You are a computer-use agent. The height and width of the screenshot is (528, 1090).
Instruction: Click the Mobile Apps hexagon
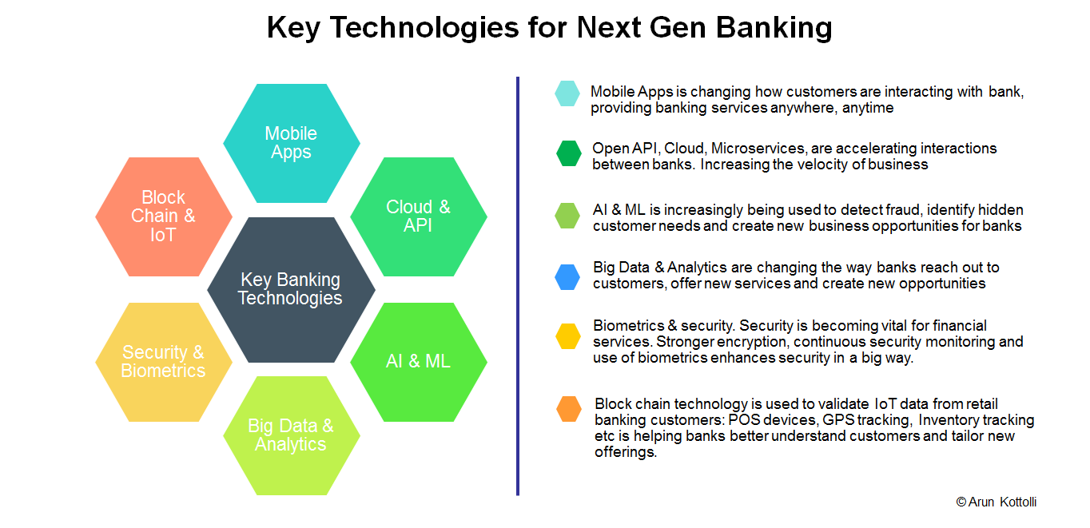291,143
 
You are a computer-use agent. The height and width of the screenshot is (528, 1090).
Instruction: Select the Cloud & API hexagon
418,216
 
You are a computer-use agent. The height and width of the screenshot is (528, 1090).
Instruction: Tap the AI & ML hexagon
418,361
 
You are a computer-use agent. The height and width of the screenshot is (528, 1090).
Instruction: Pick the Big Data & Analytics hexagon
291,435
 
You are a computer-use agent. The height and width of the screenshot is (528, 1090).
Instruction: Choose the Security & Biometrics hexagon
163,362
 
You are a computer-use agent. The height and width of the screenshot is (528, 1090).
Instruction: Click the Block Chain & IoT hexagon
163,216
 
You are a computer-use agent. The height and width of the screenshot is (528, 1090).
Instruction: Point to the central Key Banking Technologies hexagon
291,289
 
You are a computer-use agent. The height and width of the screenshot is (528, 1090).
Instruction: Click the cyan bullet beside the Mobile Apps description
567,93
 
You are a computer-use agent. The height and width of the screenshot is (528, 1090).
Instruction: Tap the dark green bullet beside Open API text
569,153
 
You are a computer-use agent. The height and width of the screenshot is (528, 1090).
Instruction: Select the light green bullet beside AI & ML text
567,215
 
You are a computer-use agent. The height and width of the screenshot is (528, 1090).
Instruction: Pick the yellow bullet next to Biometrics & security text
568,336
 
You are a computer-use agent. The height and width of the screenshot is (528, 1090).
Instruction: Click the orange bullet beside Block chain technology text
569,408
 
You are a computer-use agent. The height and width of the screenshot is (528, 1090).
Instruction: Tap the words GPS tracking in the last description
866,420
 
